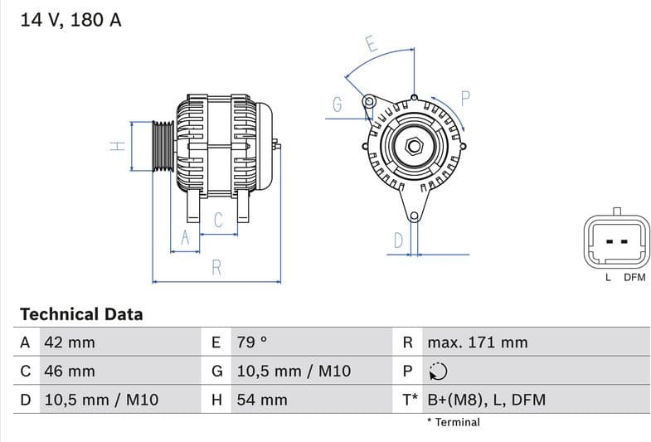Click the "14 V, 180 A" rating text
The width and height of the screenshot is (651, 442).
[70, 20]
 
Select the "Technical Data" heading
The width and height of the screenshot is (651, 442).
[81, 314]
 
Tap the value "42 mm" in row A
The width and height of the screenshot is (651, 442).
[69, 342]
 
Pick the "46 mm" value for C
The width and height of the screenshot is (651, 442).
[69, 371]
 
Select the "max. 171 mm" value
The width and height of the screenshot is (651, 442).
[477, 342]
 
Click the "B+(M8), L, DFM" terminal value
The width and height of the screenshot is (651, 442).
[486, 400]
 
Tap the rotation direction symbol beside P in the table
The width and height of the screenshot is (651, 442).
[439, 372]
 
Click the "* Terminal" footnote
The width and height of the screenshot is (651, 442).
[453, 422]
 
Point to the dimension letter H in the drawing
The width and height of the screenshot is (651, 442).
[118, 146]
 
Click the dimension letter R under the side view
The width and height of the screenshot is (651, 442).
[216, 267]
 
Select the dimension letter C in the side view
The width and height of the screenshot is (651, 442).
[218, 220]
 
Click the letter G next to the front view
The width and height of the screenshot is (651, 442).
[338, 104]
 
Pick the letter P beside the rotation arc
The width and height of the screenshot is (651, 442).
[465, 98]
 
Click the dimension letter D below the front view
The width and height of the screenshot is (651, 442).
[398, 240]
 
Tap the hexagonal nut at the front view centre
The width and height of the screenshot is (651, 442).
[413, 148]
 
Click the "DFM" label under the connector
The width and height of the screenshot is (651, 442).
[634, 278]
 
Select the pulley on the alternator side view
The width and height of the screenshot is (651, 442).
[163, 147]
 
